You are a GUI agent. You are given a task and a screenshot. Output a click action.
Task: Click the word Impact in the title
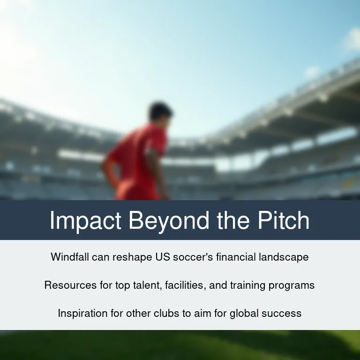tap(85, 220)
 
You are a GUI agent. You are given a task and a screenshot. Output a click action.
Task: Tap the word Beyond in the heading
tap(169, 220)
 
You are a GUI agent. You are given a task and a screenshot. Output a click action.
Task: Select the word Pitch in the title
tap(284, 220)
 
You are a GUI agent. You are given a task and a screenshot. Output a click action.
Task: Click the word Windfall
tap(70, 257)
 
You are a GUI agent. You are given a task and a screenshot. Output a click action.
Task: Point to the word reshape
tap(132, 257)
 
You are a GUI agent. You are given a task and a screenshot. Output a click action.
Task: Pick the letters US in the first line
tap(163, 257)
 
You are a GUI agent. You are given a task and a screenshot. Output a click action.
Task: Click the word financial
tap(236, 257)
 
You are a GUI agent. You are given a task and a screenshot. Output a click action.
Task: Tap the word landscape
tap(284, 257)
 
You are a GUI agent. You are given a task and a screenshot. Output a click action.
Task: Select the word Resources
tap(70, 285)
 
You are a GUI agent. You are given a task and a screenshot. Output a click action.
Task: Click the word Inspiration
tap(82, 314)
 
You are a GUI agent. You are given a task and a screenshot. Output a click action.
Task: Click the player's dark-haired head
tap(160, 112)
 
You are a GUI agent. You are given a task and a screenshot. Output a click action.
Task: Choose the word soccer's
tap(193, 257)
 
